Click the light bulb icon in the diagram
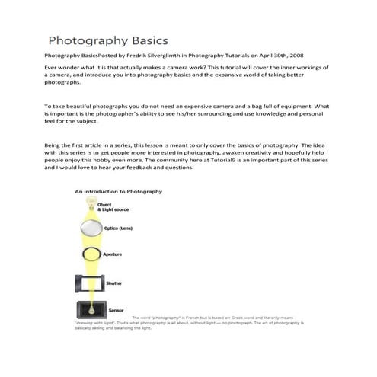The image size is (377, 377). (x=91, y=204)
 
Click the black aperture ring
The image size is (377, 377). (x=91, y=254)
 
